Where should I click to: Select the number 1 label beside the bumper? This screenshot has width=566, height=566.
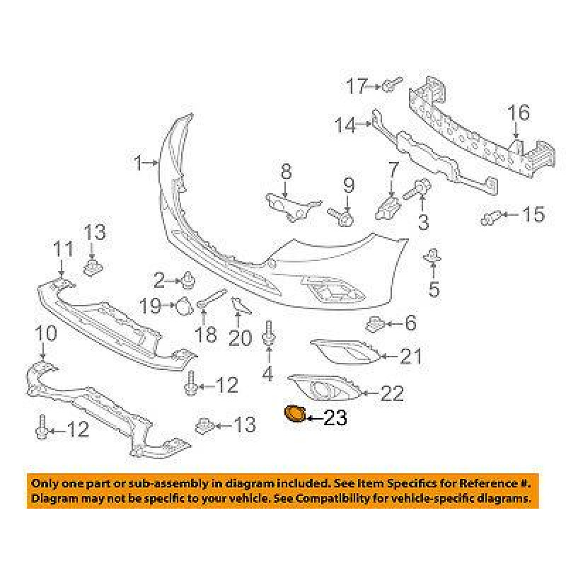point(139,163)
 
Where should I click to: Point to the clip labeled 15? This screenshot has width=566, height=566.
point(491,216)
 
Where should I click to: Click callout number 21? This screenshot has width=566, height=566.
point(410,356)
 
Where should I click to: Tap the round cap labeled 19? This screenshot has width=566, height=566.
point(183,306)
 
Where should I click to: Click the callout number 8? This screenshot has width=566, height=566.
point(286,171)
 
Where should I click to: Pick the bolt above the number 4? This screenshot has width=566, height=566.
point(268,335)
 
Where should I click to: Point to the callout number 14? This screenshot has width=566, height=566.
point(346,126)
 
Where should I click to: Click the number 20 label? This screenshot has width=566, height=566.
point(240,338)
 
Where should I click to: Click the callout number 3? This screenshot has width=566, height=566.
point(423,224)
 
